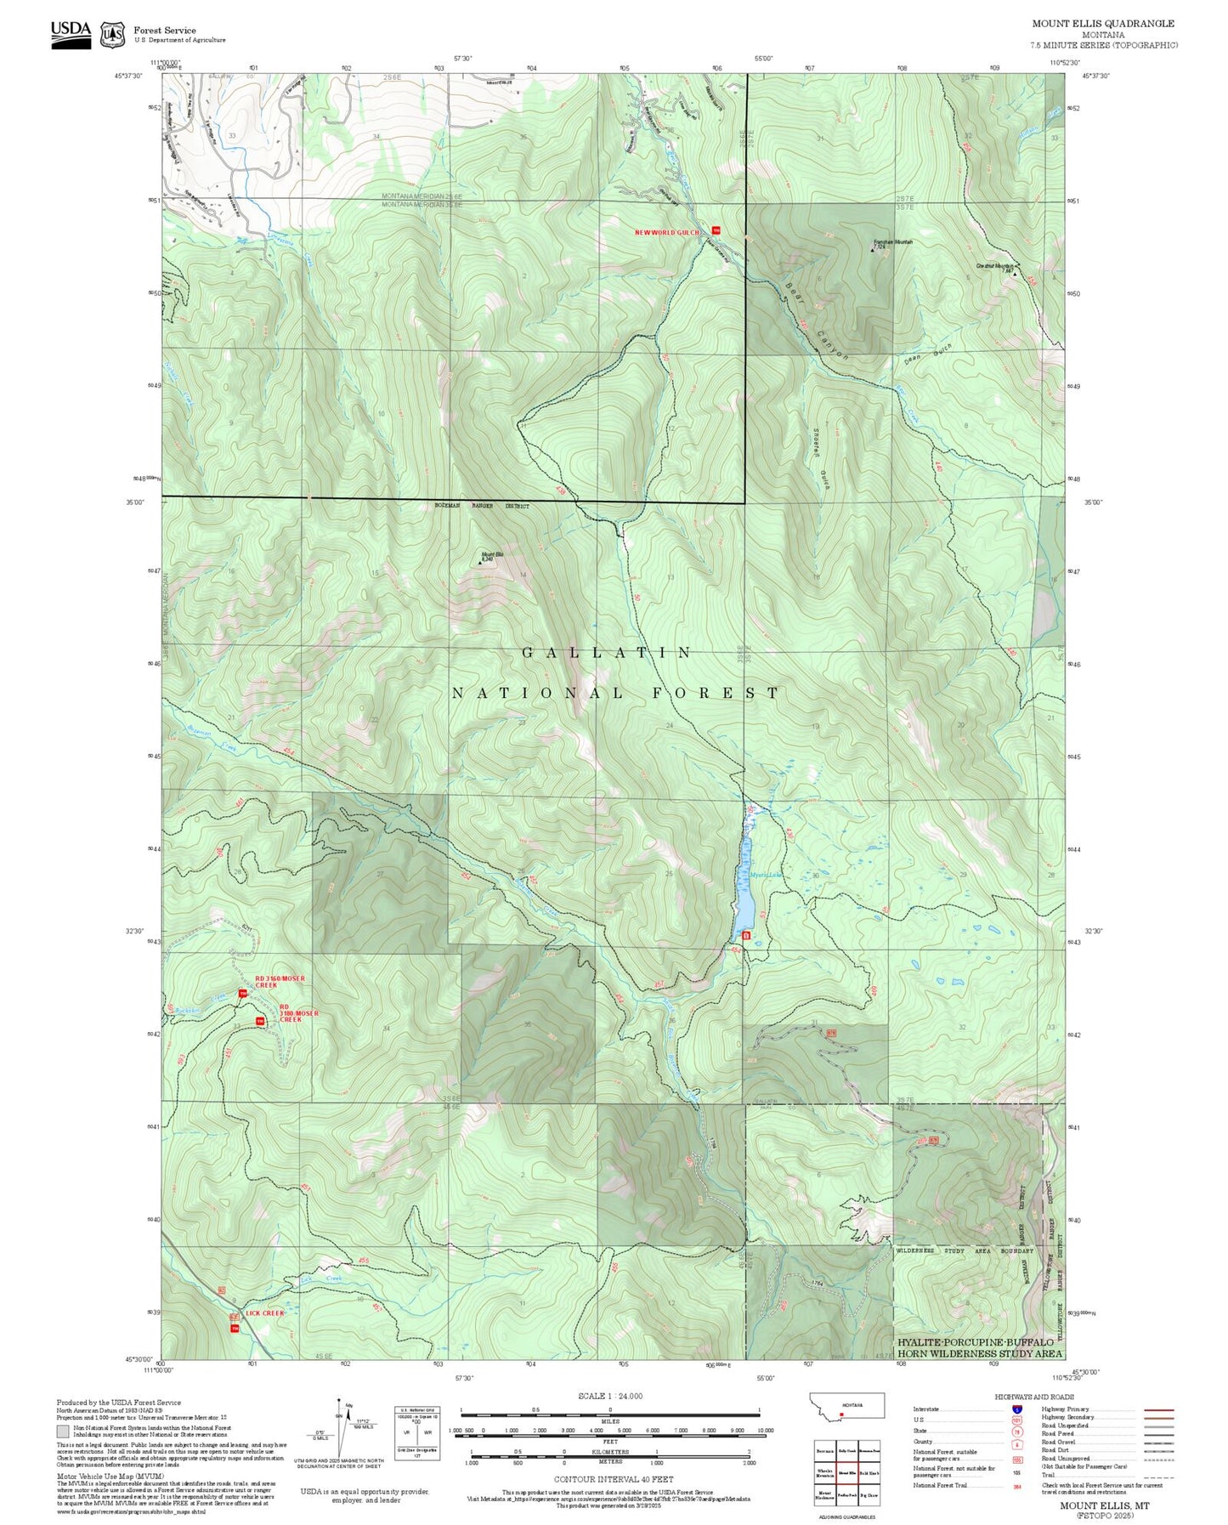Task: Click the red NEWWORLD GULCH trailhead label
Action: [667, 232]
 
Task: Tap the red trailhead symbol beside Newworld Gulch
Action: [716, 230]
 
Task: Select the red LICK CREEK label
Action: [264, 1313]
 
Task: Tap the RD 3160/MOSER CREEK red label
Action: [280, 982]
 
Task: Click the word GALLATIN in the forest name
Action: [607, 653]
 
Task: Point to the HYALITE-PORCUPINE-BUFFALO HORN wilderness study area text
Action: [979, 1347]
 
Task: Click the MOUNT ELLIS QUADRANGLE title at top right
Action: [1103, 24]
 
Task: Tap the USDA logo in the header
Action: [71, 33]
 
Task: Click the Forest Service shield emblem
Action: [112, 34]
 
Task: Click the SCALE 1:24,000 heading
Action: [609, 1396]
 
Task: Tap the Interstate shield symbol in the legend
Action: [1016, 1409]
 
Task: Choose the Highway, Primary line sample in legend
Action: [1159, 1409]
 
